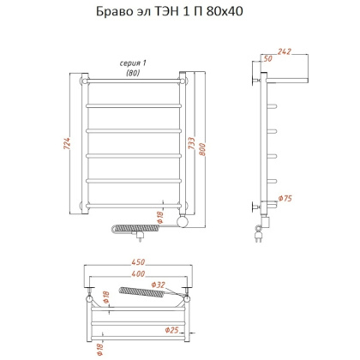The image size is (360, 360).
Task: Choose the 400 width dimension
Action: click(x=135, y=274)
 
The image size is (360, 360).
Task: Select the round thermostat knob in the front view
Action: click(x=181, y=222)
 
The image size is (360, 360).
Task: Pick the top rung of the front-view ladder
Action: click(x=133, y=84)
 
